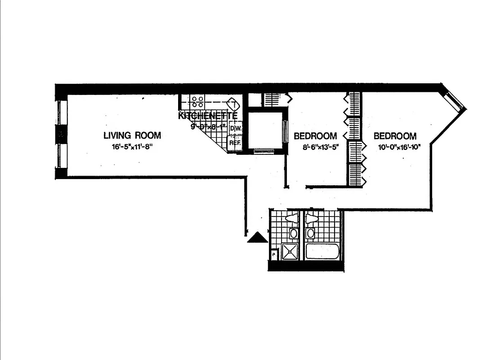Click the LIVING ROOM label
pos(132,135)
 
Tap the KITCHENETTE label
pos(207,116)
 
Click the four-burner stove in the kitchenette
pos(197,101)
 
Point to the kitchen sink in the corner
pos(233,104)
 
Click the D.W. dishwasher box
pos(234,128)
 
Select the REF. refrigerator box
pos(234,143)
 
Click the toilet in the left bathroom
pos(292,219)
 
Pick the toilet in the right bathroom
pos(311,219)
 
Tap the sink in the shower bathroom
pos(293,234)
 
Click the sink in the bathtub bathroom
pos(310,234)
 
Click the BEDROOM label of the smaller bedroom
pos(315,136)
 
